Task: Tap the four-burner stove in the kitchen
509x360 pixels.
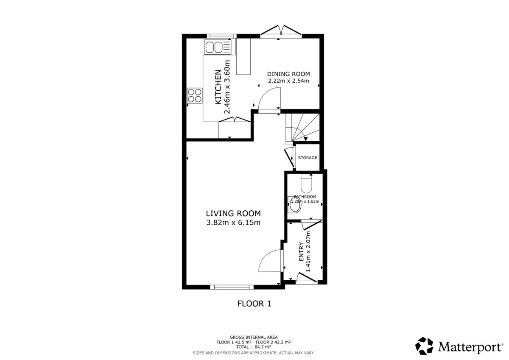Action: pos(195,96)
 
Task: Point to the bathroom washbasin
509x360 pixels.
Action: pos(294,204)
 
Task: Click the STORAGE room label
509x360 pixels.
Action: pos(308,158)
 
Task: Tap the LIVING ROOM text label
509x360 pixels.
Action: pos(233,214)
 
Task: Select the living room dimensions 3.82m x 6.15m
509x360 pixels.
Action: pos(233,223)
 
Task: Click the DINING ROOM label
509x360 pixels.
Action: pos(288,74)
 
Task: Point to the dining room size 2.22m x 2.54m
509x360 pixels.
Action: pos(288,81)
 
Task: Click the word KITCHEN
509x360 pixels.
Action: pos(218,87)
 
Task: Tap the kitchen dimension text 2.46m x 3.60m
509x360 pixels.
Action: pos(227,87)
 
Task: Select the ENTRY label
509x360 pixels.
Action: pos(301,251)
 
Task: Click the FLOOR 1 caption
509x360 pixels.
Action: pos(254,304)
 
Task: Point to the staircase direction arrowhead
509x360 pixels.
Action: pos(306,139)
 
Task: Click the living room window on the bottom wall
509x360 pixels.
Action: pos(232,287)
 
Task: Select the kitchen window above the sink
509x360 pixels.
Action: pos(221,36)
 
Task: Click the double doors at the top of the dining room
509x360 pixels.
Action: pos(281,31)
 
